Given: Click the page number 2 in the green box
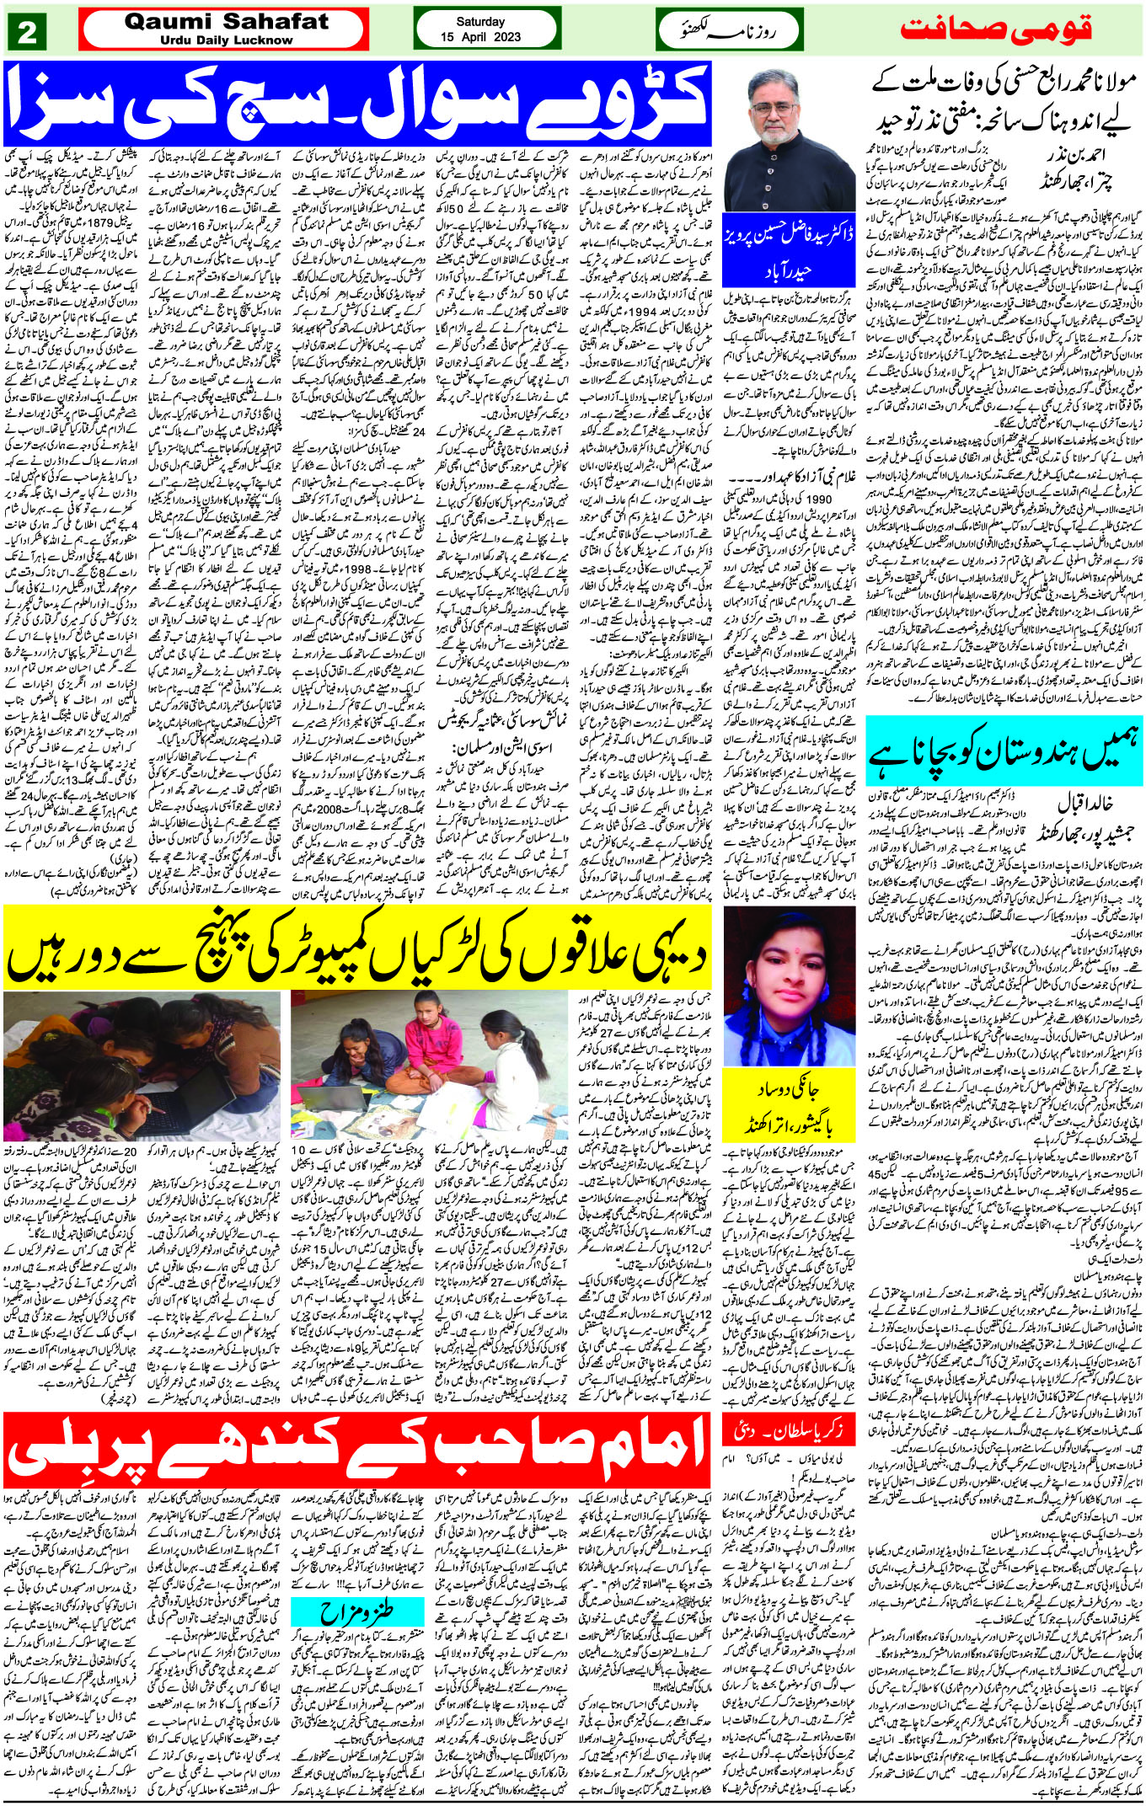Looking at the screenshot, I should click(x=26, y=33).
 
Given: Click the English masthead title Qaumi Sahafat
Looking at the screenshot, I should click(x=226, y=22).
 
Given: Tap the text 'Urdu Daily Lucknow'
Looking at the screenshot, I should click(x=226, y=40).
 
